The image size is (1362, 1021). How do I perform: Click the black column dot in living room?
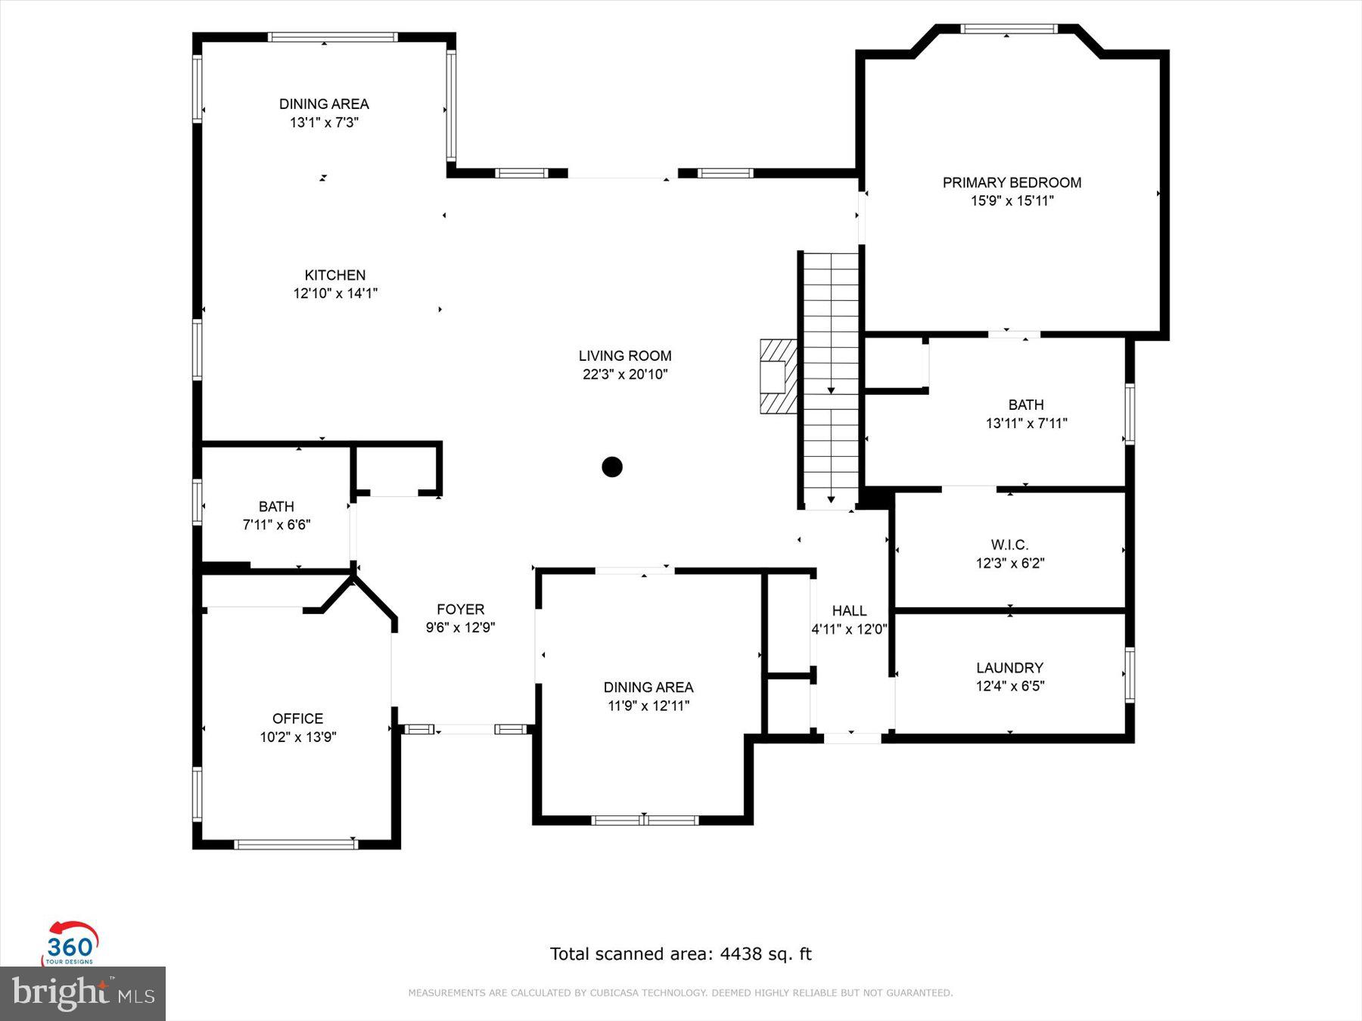tap(612, 467)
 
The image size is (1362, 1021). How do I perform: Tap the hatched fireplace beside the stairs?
tap(778, 376)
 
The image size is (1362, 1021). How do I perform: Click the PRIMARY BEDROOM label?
tap(1012, 182)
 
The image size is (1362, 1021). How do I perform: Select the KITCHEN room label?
tap(335, 275)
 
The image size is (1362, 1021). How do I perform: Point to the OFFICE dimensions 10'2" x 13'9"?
tap(298, 737)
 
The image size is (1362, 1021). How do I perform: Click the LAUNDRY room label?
tap(1009, 668)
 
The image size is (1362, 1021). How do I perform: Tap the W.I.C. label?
tap(1009, 545)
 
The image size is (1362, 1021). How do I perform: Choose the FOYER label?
tap(460, 609)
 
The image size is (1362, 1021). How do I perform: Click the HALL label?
tap(849, 610)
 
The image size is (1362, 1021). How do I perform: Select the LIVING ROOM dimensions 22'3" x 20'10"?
tap(625, 374)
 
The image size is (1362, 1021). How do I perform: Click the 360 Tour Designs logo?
tap(70, 944)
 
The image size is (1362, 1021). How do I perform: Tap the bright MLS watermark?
tap(82, 993)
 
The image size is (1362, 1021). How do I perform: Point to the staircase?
tap(831, 378)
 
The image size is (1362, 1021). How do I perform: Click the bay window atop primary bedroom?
tap(1008, 29)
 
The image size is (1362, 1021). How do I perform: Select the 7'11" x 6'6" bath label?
tap(276, 525)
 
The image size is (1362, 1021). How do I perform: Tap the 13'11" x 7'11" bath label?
tap(1026, 424)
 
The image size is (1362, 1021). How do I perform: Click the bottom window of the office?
tap(295, 844)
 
